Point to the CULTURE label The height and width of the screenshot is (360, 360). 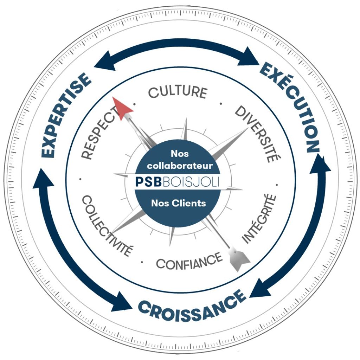click(x=178, y=92)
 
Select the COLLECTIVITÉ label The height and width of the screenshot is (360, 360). click(x=107, y=225)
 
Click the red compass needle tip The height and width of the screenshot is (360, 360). click(x=113, y=97)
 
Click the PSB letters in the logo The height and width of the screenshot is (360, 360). click(x=148, y=182)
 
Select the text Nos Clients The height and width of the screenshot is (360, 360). click(x=178, y=203)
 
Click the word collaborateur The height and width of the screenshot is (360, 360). click(x=180, y=166)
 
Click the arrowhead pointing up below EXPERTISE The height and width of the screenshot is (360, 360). click(x=42, y=179)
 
